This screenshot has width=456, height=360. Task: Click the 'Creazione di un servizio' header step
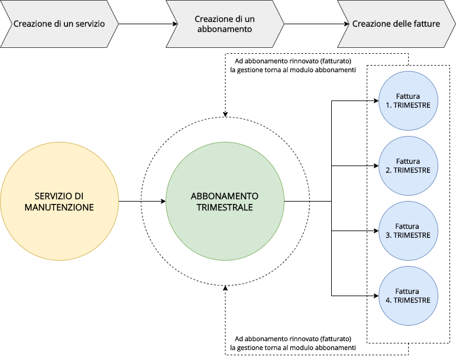pyautogui.click(x=59, y=24)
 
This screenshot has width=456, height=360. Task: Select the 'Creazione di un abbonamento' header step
pyautogui.click(x=225, y=24)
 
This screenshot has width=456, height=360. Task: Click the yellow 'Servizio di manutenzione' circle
pyautogui.click(x=59, y=201)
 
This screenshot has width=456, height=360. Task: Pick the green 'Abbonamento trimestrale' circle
pyautogui.click(x=225, y=201)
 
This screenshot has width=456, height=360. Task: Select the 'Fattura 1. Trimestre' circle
pyautogui.click(x=408, y=100)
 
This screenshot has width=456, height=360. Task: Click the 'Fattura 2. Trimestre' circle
pyautogui.click(x=408, y=166)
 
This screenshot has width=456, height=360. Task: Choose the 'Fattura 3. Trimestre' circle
pyautogui.click(x=408, y=231)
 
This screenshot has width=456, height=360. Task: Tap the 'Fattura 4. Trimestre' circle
pyautogui.click(x=408, y=296)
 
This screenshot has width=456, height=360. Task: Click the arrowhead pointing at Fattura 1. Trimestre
pyautogui.click(x=376, y=100)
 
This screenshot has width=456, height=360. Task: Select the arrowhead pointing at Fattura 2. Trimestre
pyautogui.click(x=376, y=166)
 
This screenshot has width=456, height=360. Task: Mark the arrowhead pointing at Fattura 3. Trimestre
pyautogui.click(x=376, y=231)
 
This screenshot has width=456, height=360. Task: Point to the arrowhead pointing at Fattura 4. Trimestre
pyautogui.click(x=376, y=296)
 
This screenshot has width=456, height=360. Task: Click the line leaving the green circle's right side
pyautogui.click(x=297, y=201)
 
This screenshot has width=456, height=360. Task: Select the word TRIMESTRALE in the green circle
pyautogui.click(x=225, y=207)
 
